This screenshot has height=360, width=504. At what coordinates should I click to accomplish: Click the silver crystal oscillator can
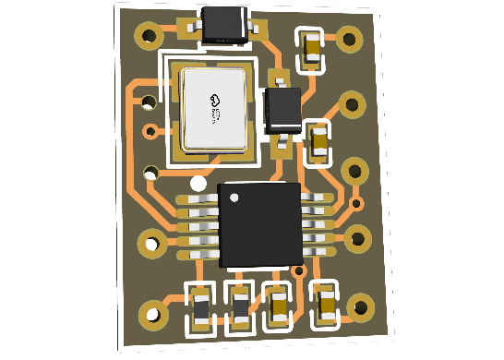tap(215, 109)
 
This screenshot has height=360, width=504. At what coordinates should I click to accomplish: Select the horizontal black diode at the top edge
tap(224, 26)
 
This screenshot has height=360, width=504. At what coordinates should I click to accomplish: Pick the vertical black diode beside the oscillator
tap(282, 110)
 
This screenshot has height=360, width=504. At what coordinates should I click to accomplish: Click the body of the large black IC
tap(260, 224)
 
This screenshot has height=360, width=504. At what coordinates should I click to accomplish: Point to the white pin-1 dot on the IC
tap(234, 198)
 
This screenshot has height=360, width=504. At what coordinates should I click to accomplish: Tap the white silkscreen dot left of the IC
tap(198, 184)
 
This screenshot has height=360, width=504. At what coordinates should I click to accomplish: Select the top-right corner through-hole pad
tap(349, 40)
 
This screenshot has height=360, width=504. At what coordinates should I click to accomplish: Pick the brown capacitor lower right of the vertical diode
tap(319, 142)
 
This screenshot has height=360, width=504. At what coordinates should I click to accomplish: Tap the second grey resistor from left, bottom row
tap(240, 307)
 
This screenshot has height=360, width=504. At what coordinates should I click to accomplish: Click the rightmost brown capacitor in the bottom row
tap(326, 304)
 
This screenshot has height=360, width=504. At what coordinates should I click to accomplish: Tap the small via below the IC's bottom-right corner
tap(298, 270)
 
